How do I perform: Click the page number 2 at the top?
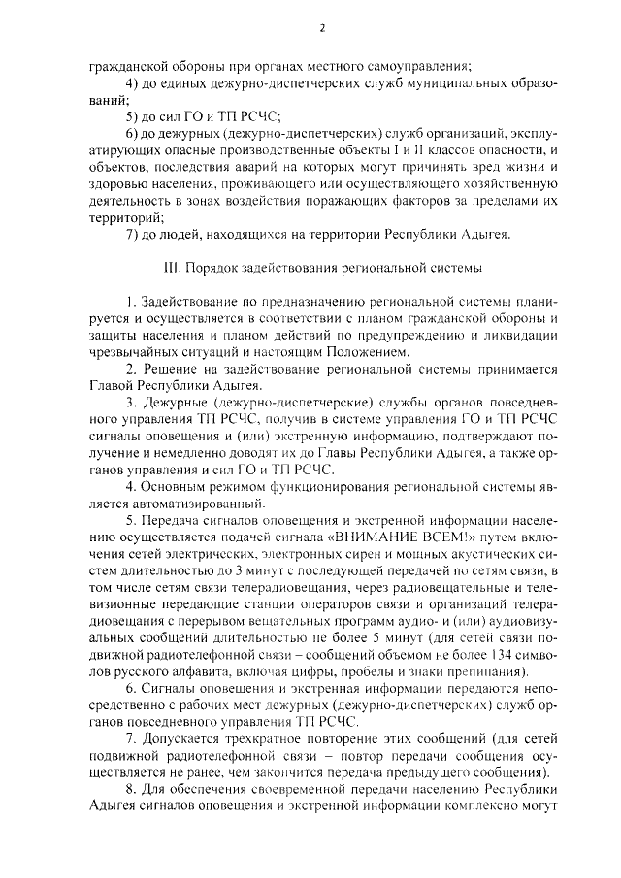[x=321, y=27]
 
